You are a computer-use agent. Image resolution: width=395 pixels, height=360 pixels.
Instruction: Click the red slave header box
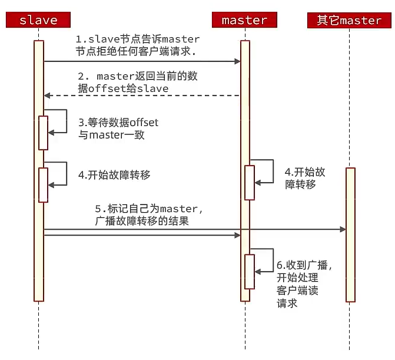38,20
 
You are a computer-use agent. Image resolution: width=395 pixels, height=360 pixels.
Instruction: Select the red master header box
244,20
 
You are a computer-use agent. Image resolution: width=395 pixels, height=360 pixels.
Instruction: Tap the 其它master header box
349,20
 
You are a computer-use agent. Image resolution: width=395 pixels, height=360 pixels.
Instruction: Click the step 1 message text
137,45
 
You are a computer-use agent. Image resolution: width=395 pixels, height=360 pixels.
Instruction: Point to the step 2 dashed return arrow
141,95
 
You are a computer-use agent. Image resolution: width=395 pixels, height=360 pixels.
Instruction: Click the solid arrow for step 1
141,61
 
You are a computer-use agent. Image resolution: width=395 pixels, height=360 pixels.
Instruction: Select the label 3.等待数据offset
118,123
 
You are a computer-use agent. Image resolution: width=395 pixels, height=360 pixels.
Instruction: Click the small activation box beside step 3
43,133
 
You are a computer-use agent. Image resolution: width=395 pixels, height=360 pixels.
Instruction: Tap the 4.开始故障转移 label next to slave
114,175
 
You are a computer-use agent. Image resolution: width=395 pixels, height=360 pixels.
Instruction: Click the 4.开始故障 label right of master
304,173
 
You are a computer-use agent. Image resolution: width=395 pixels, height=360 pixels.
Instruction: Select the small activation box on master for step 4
250,183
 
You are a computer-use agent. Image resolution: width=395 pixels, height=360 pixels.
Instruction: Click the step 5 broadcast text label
147,215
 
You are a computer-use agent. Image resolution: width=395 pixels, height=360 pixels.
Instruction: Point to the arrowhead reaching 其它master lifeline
343,229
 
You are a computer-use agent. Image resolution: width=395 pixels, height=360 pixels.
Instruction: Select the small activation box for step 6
250,271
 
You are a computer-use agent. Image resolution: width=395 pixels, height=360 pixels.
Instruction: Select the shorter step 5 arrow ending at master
141,235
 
